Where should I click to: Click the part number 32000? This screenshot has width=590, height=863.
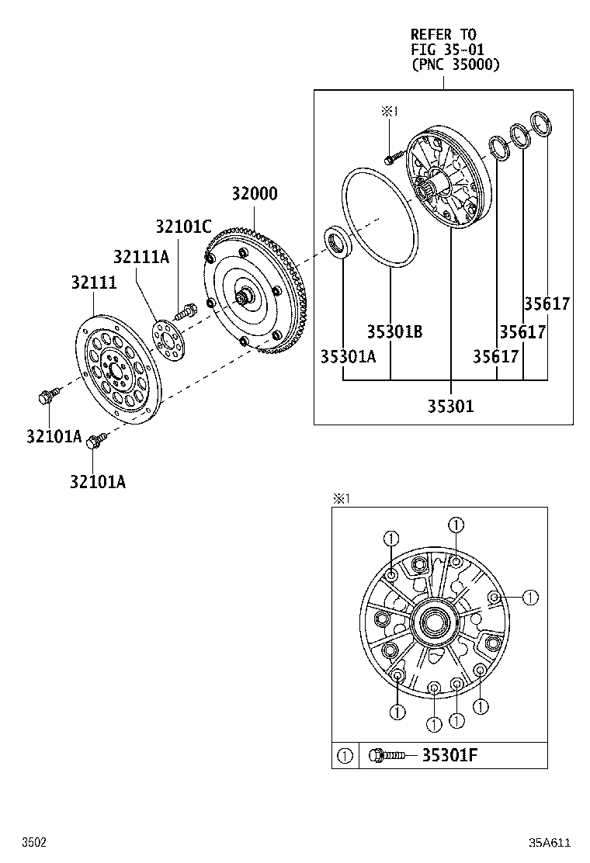[254, 194]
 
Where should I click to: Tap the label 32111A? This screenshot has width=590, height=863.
[141, 256]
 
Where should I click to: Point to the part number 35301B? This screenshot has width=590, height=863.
[394, 331]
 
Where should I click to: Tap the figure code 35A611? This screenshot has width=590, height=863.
[550, 843]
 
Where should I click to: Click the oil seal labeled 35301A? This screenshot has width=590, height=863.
[338, 242]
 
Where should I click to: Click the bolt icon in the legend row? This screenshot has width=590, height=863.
[388, 755]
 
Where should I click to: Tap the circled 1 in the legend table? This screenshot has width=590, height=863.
[345, 755]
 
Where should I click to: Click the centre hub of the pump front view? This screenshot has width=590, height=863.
[433, 622]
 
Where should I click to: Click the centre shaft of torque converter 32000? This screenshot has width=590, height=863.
[246, 296]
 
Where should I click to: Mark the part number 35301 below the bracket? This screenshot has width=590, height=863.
[450, 405]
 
